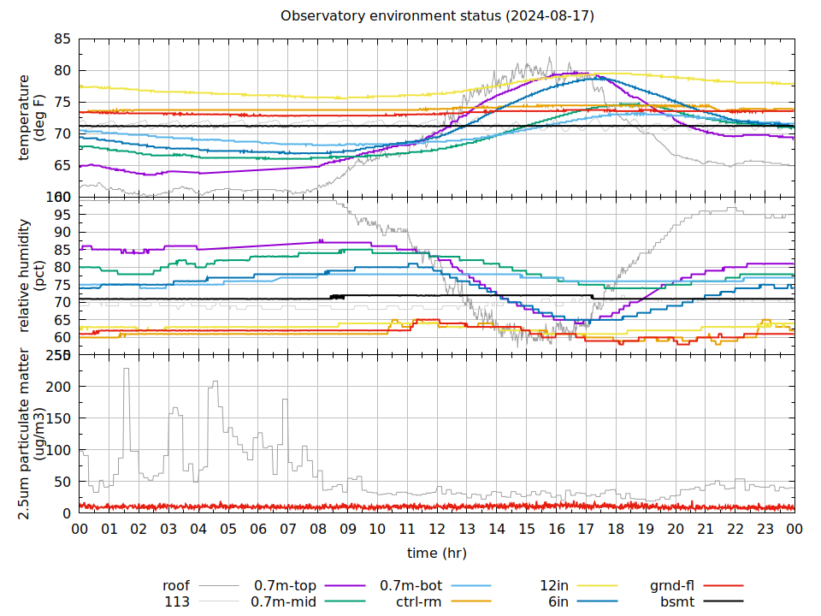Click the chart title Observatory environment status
(437, 16)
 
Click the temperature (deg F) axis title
(32, 117)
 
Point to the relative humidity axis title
(32, 275)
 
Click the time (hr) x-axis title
(437, 553)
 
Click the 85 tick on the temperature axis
(62, 39)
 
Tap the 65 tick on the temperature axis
(62, 165)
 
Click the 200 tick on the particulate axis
(59, 387)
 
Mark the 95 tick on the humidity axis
(62, 215)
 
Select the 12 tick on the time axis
(437, 530)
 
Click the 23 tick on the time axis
(765, 530)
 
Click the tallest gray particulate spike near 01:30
(126, 370)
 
